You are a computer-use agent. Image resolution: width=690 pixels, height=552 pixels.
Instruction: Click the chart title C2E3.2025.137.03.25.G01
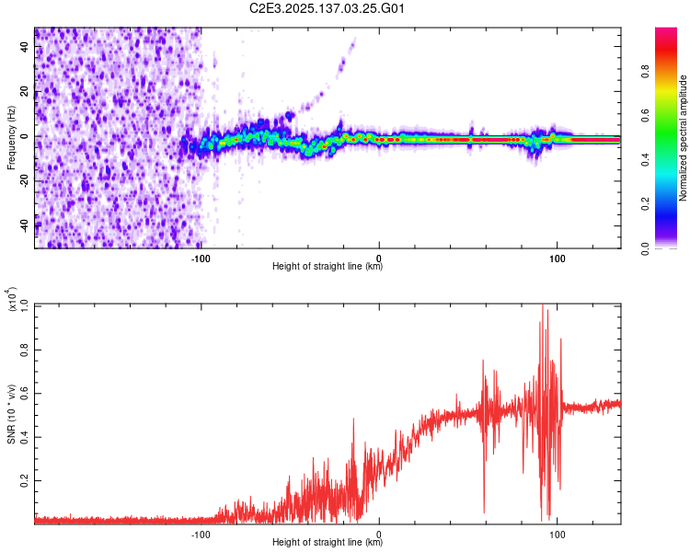pyautogui.click(x=328, y=9)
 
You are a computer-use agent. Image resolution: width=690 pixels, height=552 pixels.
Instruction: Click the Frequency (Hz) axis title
pyautogui.click(x=12, y=137)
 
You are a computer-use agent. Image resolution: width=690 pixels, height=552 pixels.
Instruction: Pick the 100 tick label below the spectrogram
pyautogui.click(x=557, y=257)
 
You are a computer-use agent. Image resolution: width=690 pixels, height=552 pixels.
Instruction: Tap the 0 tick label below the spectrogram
pyautogui.click(x=379, y=257)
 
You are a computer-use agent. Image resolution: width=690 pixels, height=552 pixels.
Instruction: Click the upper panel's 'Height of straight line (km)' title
pyautogui.click(x=328, y=267)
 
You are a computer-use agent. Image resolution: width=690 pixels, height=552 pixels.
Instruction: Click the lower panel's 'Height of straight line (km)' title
pyautogui.click(x=328, y=542)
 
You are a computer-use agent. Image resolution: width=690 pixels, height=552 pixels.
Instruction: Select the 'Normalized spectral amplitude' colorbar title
pyautogui.click(x=684, y=138)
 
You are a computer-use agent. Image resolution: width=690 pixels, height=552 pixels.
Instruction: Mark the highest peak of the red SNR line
pyautogui.click(x=543, y=305)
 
